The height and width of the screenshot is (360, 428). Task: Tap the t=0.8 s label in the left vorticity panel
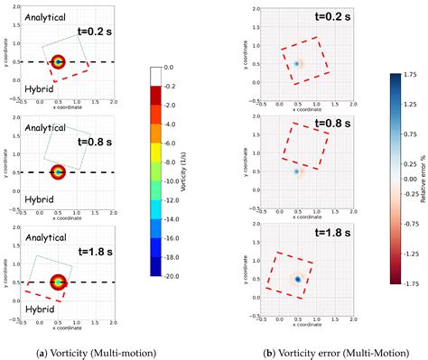(x=94, y=141)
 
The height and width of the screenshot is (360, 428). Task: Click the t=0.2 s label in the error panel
(x=320, y=17)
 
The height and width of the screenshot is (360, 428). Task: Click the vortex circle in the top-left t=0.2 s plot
(x=59, y=62)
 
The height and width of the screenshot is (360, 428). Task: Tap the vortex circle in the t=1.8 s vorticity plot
(x=60, y=282)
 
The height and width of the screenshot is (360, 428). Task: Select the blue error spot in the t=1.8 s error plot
(x=297, y=280)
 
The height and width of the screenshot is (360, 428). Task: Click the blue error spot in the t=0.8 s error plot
(x=296, y=171)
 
